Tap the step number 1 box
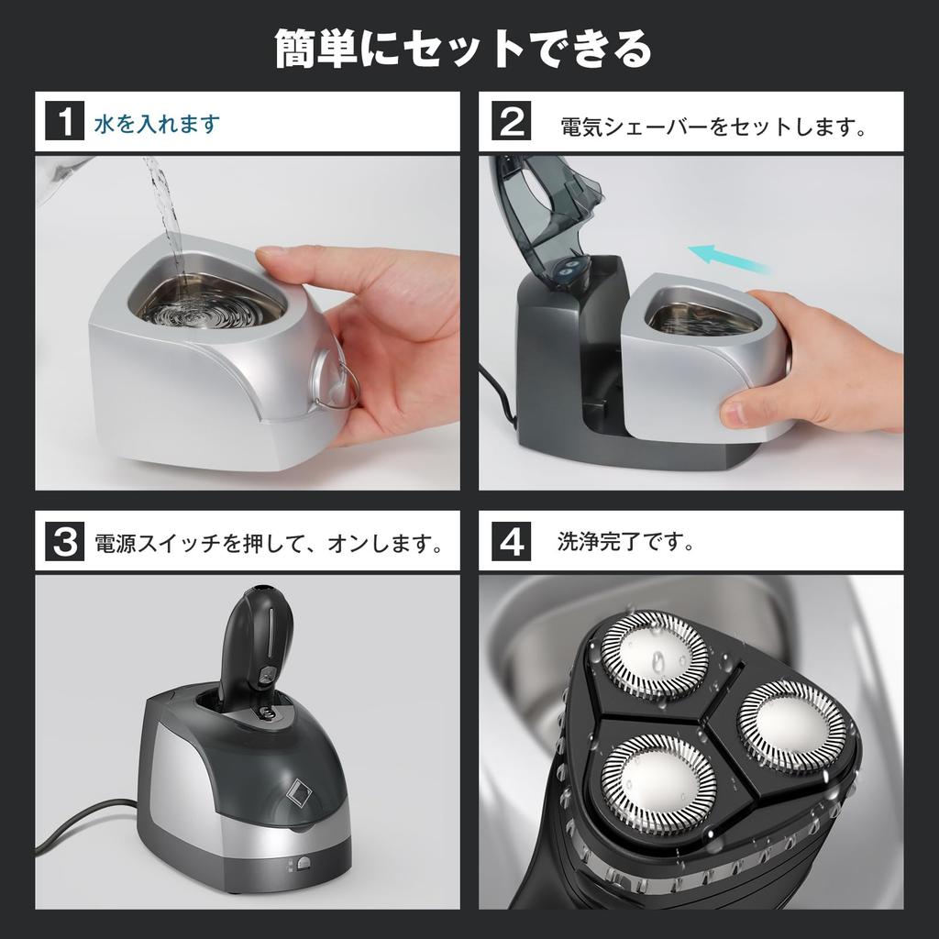tap(65, 122)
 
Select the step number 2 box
tap(512, 122)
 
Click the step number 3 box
tap(65, 542)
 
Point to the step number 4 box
tap(512, 542)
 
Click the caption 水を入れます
tap(157, 123)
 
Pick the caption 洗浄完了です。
tap(626, 542)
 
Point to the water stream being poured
tap(166, 211)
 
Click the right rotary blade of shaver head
tap(791, 725)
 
